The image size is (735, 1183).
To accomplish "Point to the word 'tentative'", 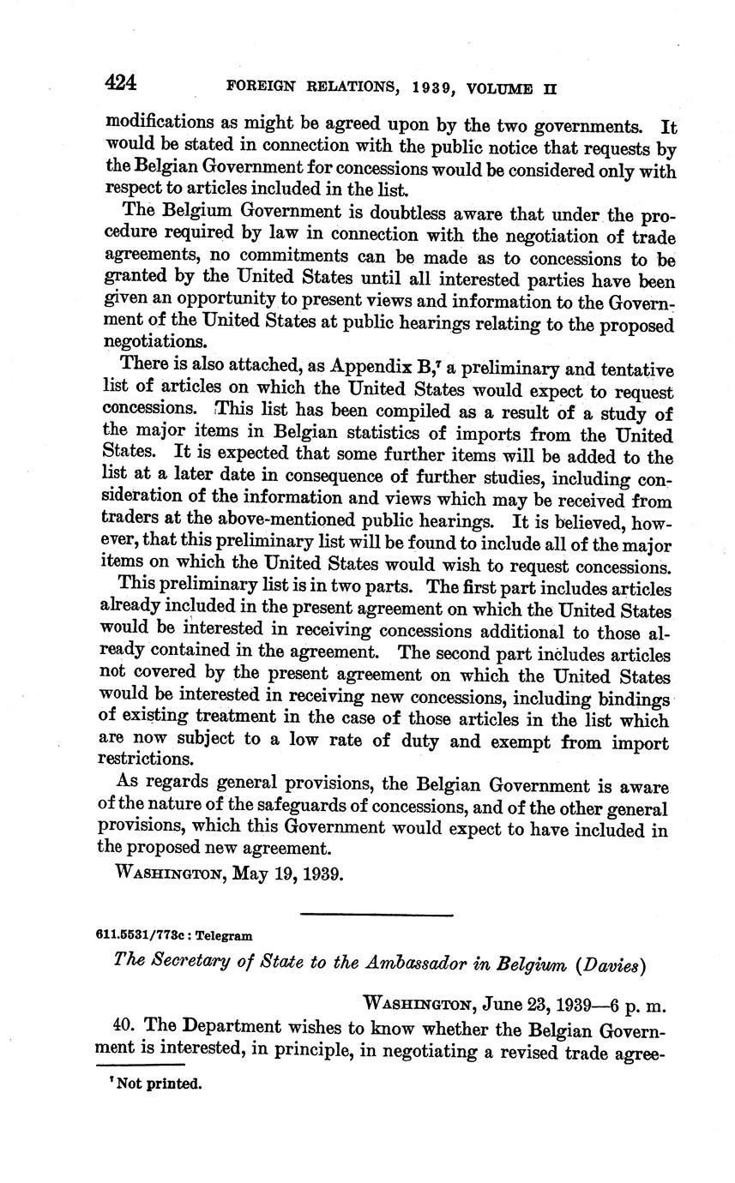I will [x=631, y=369].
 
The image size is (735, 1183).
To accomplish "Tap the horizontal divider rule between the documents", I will [x=377, y=916].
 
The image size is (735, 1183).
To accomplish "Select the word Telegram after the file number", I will [x=226, y=936].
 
